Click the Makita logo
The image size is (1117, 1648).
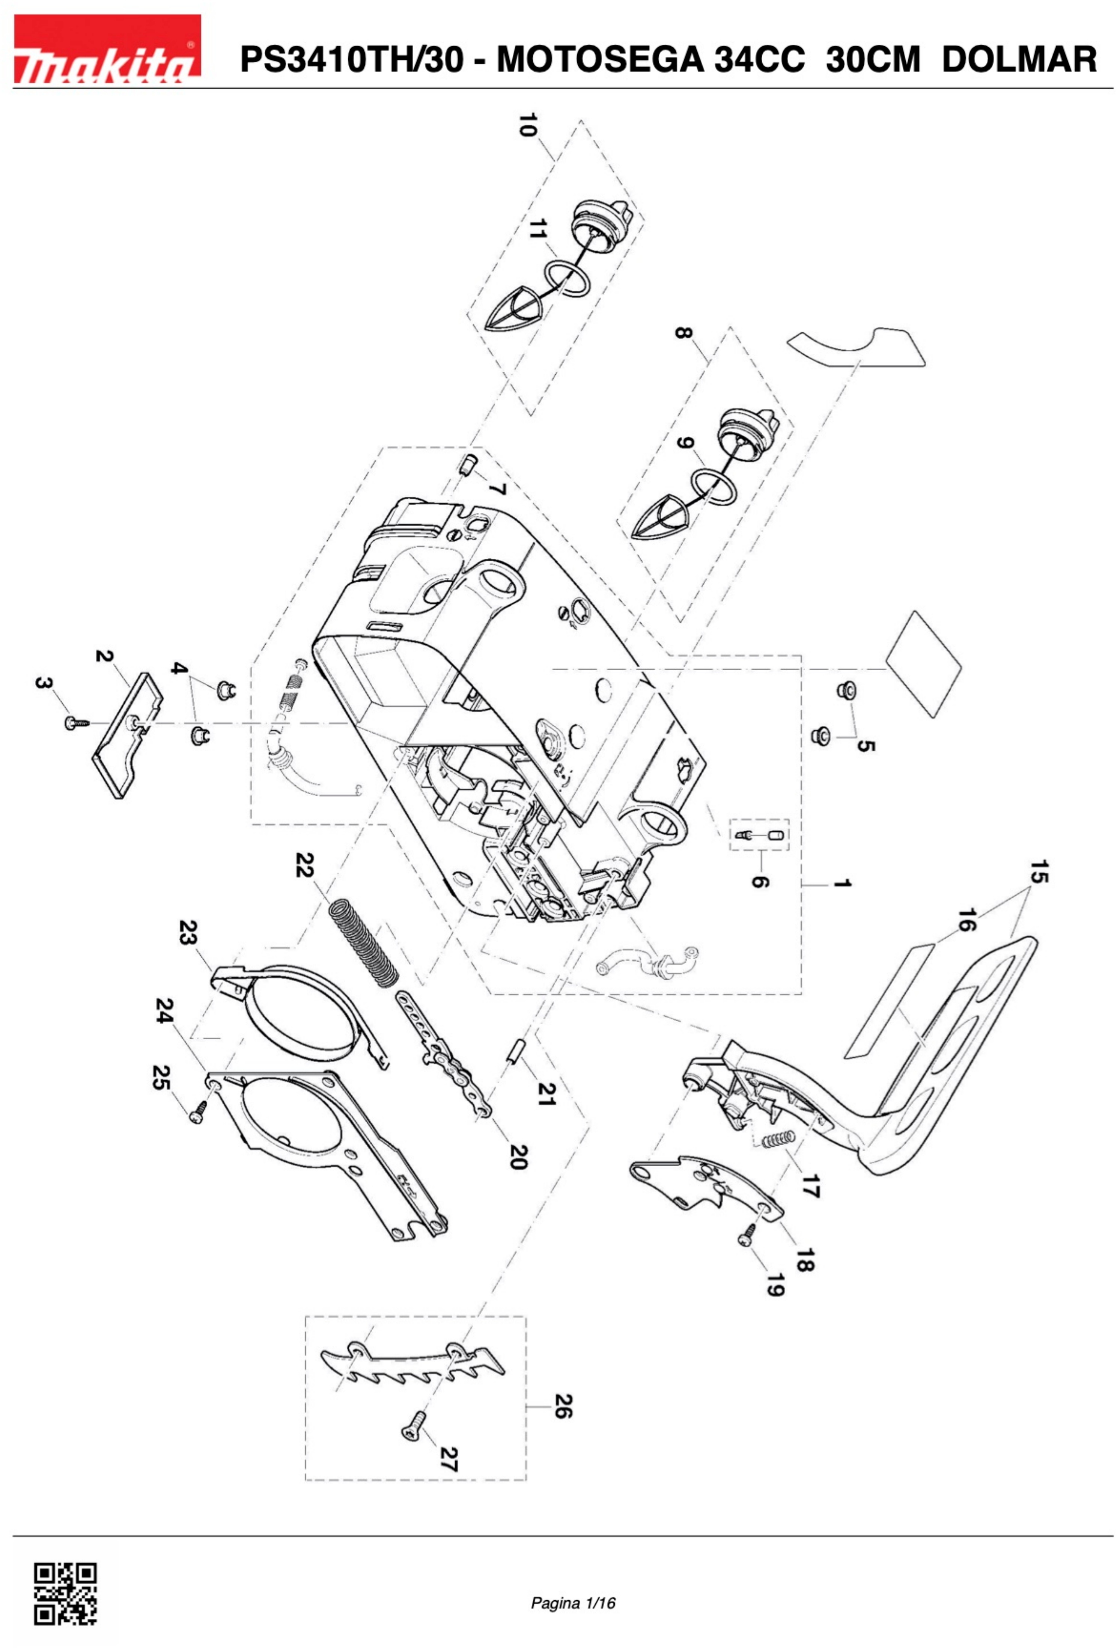click(x=107, y=49)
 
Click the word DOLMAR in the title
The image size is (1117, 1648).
click(x=1019, y=59)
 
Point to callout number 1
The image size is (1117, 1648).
click(x=841, y=884)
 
